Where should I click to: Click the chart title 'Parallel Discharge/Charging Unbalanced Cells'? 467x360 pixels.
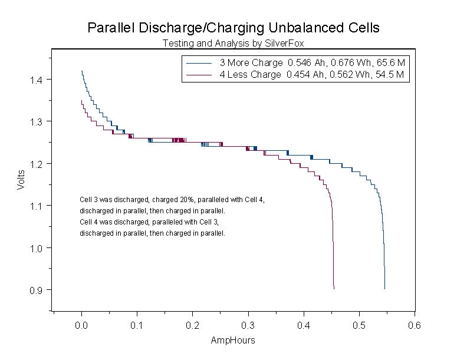(233, 28)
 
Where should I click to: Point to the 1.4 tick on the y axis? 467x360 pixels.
(37, 80)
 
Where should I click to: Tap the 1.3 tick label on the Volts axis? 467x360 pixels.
(37, 121)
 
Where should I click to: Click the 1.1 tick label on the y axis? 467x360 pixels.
(37, 206)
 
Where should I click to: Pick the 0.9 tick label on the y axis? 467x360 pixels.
(37, 290)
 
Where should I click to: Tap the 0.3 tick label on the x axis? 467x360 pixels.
(248, 324)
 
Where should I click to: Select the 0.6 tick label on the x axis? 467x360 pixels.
(415, 324)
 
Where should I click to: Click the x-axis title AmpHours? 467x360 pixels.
(233, 341)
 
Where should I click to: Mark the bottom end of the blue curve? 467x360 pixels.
(385, 289)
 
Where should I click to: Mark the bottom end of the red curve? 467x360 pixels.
(334, 289)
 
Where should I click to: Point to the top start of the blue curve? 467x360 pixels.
(82, 71)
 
